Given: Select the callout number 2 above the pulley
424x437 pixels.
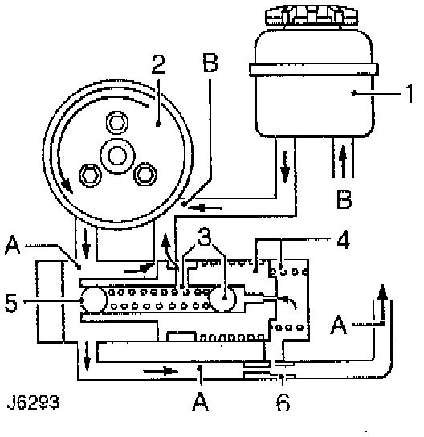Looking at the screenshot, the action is coord(158,64).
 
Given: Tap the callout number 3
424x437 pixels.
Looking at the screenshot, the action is coord(205,236).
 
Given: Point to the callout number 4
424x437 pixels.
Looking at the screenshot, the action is coord(343,239).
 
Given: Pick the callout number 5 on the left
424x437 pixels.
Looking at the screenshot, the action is coord(11,302).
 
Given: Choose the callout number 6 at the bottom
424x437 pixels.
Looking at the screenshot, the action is coord(283,402).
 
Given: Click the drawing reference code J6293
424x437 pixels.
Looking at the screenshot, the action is coord(33,402).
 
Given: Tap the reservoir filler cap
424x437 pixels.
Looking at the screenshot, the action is coord(312,16).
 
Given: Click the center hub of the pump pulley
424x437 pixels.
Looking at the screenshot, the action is coord(117,156).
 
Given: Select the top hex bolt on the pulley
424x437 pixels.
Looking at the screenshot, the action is coord(117,122).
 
